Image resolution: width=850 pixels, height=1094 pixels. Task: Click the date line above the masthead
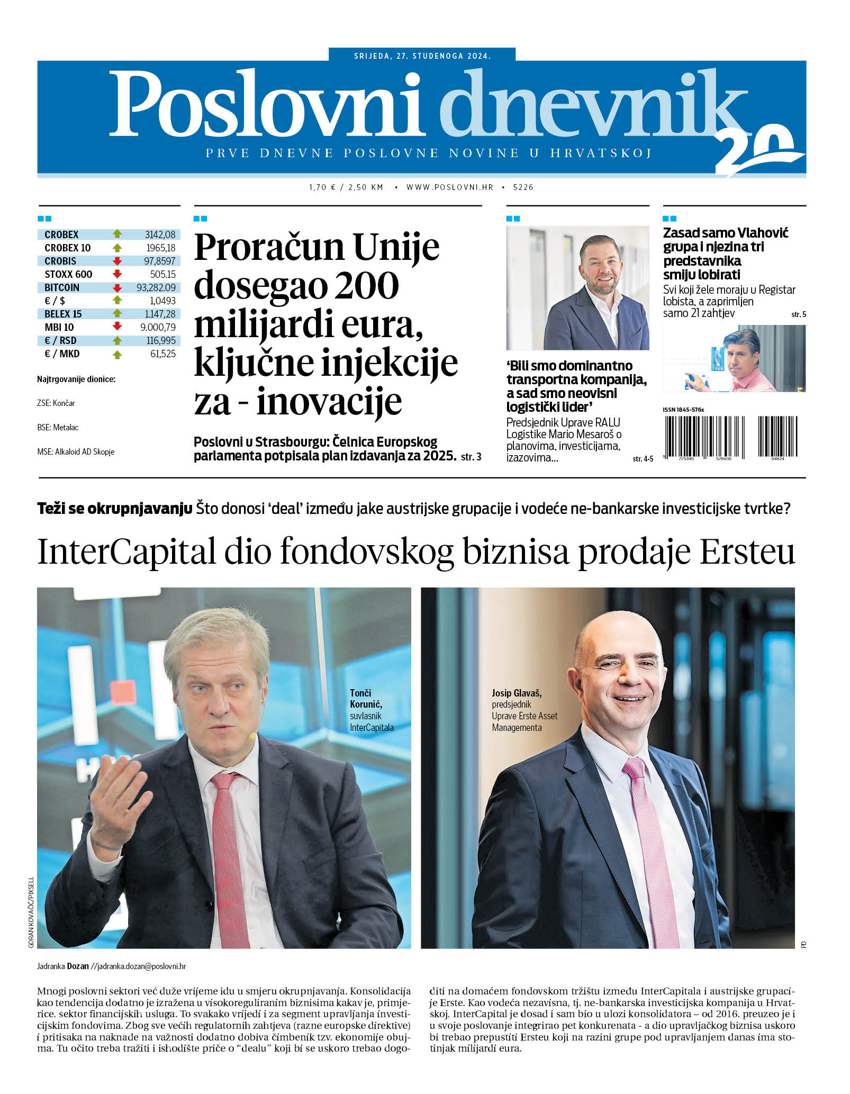point(422,56)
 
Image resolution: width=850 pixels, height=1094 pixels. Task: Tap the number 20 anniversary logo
point(757,151)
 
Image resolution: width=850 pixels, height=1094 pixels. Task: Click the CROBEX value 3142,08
point(160,234)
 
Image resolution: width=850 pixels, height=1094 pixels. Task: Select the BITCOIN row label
point(62,287)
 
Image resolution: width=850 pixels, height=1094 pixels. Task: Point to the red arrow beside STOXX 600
point(117,274)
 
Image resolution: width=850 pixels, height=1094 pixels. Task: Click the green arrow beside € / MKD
point(117,354)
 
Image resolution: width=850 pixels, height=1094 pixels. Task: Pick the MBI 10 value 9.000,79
point(158,327)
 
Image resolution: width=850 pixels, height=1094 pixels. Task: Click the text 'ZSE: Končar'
point(56,403)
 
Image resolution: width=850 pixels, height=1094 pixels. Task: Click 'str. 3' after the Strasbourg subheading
point(471,456)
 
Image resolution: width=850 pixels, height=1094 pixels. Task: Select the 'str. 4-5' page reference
point(643,458)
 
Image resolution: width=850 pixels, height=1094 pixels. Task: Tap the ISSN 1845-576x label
point(683,410)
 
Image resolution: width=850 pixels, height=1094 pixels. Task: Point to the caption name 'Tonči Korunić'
point(365,698)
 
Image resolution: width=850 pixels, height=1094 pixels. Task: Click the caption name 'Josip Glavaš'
point(516,693)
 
